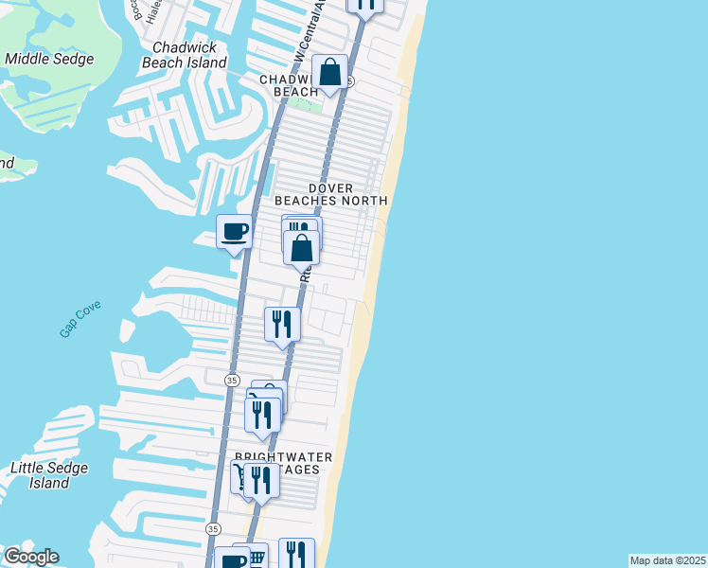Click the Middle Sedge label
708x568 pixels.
pos(49,59)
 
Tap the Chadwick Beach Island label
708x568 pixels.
pos(184,55)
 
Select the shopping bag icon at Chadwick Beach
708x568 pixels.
pos(330,73)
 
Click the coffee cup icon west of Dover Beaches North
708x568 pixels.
pos(234,232)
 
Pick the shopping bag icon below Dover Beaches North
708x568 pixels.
pos(302,248)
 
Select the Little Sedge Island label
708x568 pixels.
pos(48,475)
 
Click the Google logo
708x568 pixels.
pos(30,557)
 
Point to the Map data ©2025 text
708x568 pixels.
pos(667,560)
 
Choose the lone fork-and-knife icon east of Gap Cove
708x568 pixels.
pos(282,325)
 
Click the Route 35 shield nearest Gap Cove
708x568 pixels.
pos(232,380)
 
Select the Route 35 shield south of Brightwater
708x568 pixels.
pos(213,528)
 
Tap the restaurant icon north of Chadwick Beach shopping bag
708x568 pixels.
pos(365,3)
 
